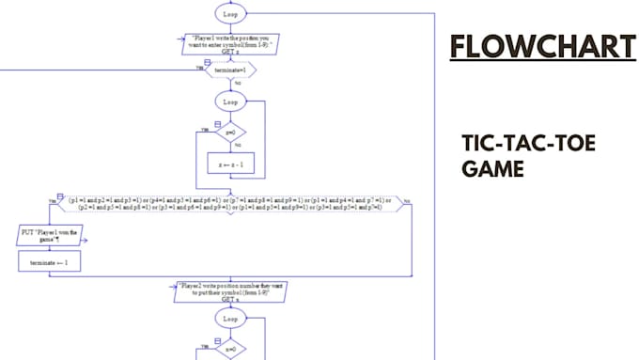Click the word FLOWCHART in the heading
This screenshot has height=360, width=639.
(542, 47)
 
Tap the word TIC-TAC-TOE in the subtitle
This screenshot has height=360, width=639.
(529, 144)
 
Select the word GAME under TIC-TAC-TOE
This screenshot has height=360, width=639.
(492, 169)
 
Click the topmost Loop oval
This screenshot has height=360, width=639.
(230, 13)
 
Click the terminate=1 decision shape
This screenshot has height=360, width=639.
(230, 70)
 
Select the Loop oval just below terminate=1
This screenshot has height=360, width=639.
(230, 101)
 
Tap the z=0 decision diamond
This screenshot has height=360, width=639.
(230, 133)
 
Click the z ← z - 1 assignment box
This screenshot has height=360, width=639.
(230, 164)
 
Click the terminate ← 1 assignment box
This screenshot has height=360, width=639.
(50, 264)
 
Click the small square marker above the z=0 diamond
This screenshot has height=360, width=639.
(218, 123)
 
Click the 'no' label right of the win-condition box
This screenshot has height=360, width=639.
(406, 200)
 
